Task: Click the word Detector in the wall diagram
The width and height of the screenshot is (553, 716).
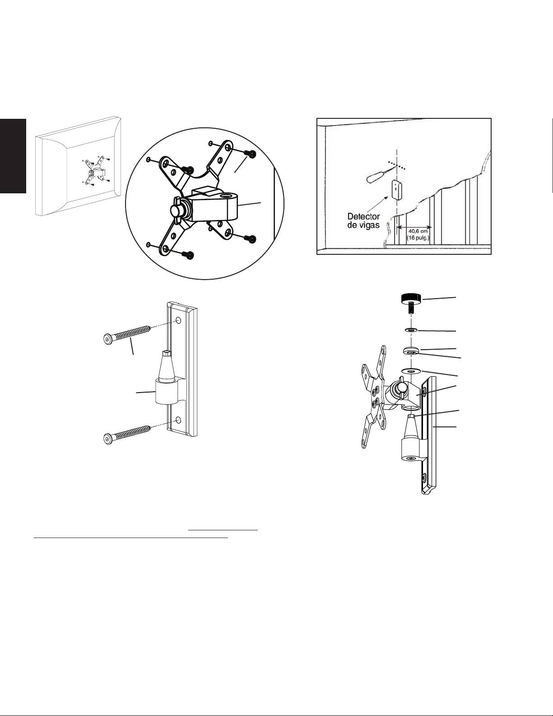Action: click(364, 217)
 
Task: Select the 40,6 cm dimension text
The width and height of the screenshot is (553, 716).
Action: click(418, 231)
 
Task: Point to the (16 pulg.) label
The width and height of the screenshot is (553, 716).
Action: click(418, 238)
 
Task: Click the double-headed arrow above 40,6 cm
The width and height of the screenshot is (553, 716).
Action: click(414, 227)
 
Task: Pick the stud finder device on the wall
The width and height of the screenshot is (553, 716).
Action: click(398, 190)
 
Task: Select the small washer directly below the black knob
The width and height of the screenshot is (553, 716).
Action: click(410, 329)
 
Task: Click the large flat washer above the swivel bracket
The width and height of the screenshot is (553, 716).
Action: click(411, 371)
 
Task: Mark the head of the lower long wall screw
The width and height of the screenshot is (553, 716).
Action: click(107, 438)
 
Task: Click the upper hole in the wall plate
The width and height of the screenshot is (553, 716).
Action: click(178, 320)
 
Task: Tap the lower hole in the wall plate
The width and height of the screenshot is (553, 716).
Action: click(178, 420)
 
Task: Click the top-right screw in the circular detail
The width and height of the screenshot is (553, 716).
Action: click(251, 154)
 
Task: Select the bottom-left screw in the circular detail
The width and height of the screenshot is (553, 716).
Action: click(189, 255)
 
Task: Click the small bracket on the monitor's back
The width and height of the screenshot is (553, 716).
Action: click(95, 171)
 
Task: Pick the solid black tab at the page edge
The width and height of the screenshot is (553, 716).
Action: click(13, 156)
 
